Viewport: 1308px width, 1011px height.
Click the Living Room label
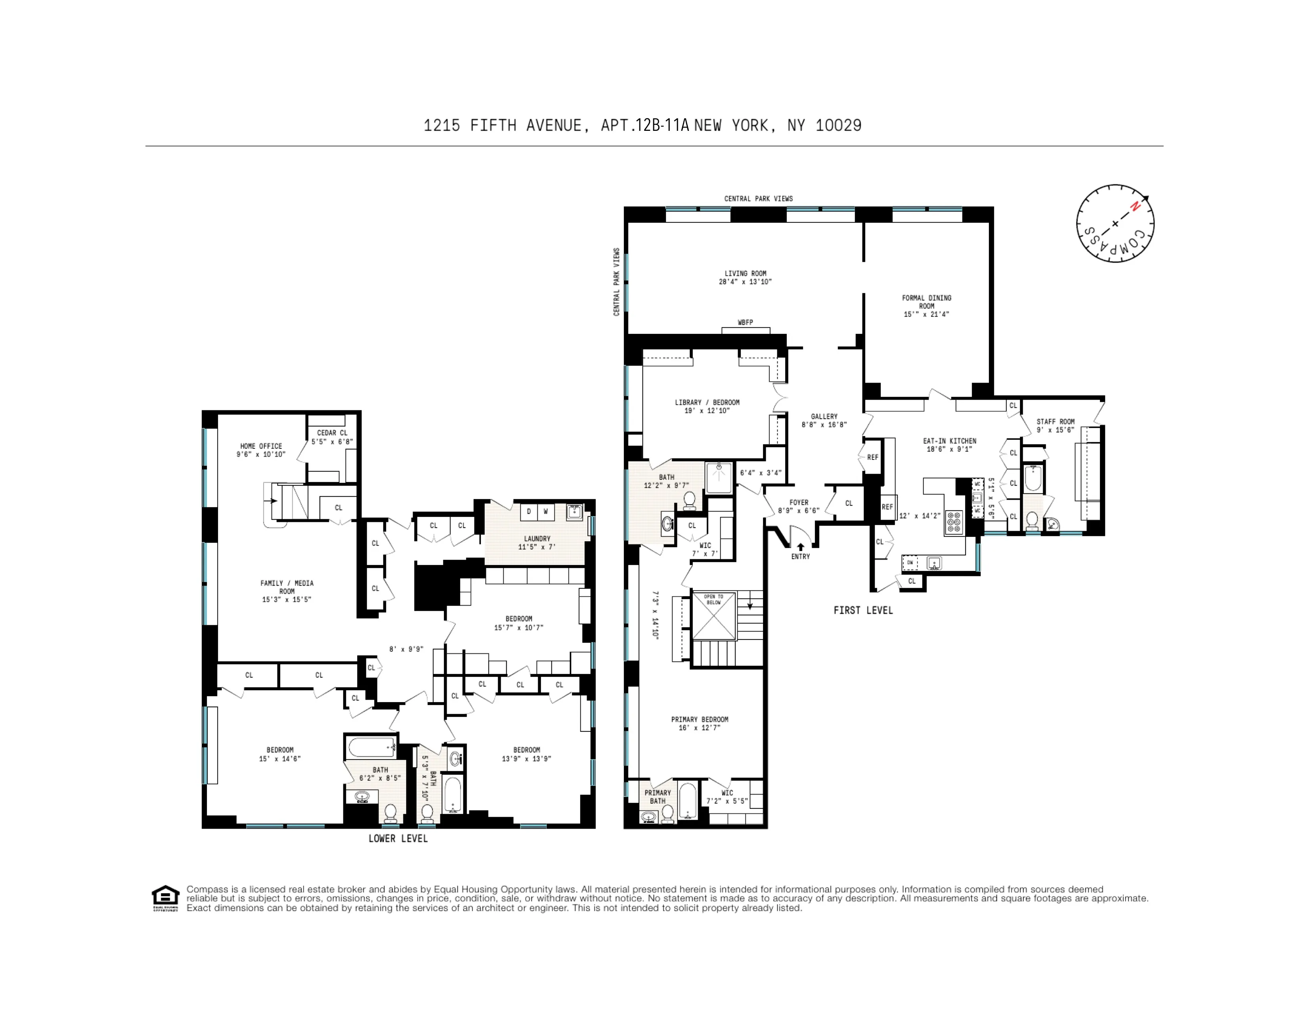(x=745, y=273)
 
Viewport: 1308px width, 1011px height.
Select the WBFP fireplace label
(x=745, y=322)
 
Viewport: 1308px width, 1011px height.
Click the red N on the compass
(x=1134, y=207)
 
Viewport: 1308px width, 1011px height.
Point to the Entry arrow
(x=800, y=547)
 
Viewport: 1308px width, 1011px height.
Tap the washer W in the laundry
(x=546, y=511)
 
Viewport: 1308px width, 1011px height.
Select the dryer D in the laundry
(x=529, y=511)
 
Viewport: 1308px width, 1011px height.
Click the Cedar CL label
(x=332, y=433)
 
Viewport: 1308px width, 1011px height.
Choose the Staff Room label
(x=1055, y=422)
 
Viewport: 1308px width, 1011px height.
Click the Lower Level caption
(x=398, y=839)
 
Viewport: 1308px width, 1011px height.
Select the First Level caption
(x=863, y=610)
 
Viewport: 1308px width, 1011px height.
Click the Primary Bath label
(x=657, y=797)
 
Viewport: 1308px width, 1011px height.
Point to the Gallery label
(x=824, y=416)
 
